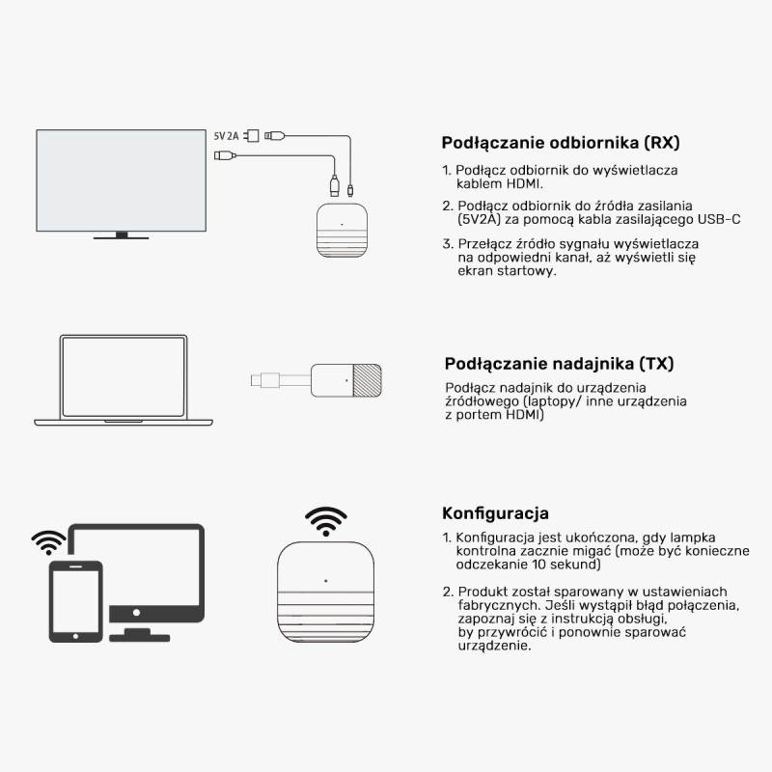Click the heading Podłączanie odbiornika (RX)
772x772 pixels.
point(560,143)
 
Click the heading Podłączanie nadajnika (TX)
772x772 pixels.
point(559,364)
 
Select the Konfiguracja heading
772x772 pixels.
point(495,512)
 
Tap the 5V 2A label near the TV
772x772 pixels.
point(226,137)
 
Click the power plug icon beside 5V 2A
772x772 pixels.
point(253,135)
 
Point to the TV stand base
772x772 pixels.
point(121,235)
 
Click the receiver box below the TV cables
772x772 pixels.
point(341,232)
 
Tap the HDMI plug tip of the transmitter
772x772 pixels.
point(258,378)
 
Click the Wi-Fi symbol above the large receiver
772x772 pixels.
point(326,521)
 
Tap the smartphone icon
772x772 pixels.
point(76,601)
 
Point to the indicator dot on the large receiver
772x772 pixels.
point(325,581)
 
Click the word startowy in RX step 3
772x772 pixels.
point(531,271)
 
